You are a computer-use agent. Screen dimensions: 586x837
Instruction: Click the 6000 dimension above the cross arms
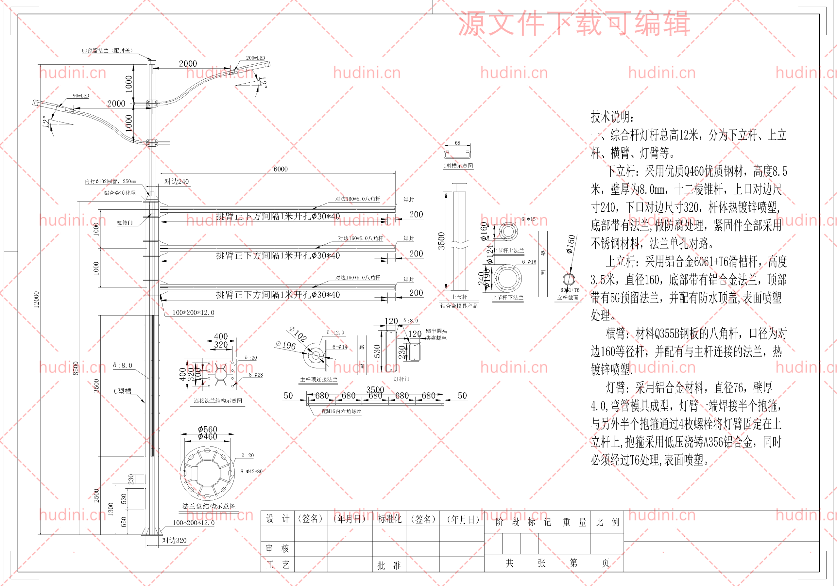[x=280, y=169]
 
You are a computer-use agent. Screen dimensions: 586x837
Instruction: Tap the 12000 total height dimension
[x=36, y=300]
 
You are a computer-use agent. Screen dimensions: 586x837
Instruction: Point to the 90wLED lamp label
[x=80, y=96]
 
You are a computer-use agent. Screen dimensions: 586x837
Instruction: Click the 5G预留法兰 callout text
[x=107, y=51]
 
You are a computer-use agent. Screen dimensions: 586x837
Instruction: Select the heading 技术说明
[x=612, y=117]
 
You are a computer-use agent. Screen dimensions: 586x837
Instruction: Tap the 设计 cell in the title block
[x=278, y=519]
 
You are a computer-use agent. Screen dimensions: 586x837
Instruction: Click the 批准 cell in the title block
[x=389, y=565]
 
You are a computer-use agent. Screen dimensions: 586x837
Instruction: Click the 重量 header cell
[x=574, y=522]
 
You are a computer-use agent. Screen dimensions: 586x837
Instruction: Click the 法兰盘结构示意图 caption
[x=209, y=506]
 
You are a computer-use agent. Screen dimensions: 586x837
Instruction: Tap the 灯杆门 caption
[x=401, y=379]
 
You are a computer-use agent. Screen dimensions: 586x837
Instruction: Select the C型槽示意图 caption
[x=458, y=166]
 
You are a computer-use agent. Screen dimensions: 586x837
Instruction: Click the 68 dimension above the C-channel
[x=457, y=143]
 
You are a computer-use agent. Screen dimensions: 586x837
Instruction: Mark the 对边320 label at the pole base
[x=174, y=541]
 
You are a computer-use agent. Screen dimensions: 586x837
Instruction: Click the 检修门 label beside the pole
[x=125, y=222]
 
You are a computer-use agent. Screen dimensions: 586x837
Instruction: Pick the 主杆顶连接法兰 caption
[x=318, y=380]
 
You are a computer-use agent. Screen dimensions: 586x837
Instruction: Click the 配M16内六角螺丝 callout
[x=341, y=411]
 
